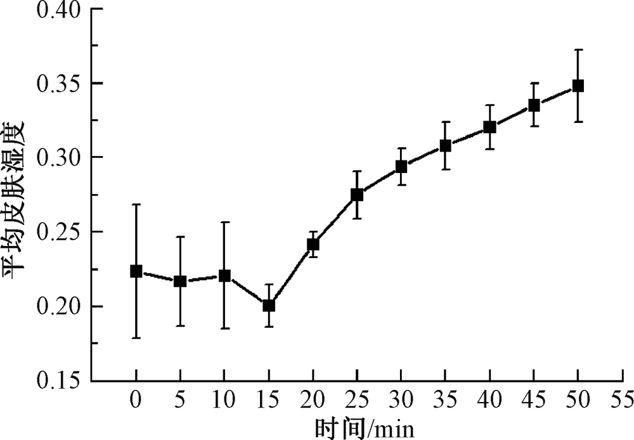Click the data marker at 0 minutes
pyautogui.click(x=136, y=271)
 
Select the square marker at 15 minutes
pyautogui.click(x=269, y=306)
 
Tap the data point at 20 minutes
pyautogui.click(x=313, y=244)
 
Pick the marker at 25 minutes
pyautogui.click(x=357, y=195)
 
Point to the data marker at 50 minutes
pyautogui.click(x=578, y=86)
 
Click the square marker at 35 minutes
pyautogui.click(x=445, y=146)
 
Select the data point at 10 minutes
pyautogui.click(x=224, y=276)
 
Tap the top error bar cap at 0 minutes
pyautogui.click(x=136, y=204)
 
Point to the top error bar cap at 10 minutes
pyautogui.click(x=224, y=222)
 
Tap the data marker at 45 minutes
pyautogui.click(x=534, y=105)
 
